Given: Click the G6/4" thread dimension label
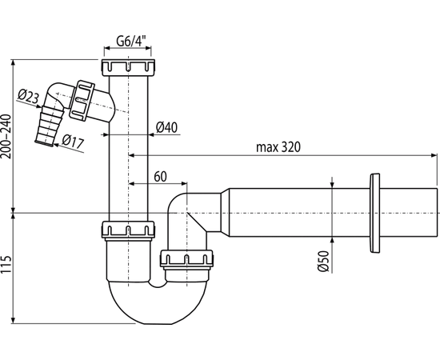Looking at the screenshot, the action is click(x=131, y=42).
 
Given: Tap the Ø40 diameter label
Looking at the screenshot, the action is click(x=166, y=127).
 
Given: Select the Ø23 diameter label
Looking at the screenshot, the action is click(x=28, y=96).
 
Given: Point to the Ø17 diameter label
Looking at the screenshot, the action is click(x=73, y=141).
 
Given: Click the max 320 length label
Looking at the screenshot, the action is click(x=278, y=147).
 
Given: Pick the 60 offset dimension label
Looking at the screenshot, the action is click(x=160, y=177).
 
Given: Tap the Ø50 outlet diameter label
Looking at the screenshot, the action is click(x=323, y=261).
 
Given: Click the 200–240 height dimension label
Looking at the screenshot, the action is click(x=6, y=136).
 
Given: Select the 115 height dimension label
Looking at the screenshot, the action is click(x=6, y=264).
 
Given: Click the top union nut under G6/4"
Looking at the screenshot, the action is click(x=128, y=68).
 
